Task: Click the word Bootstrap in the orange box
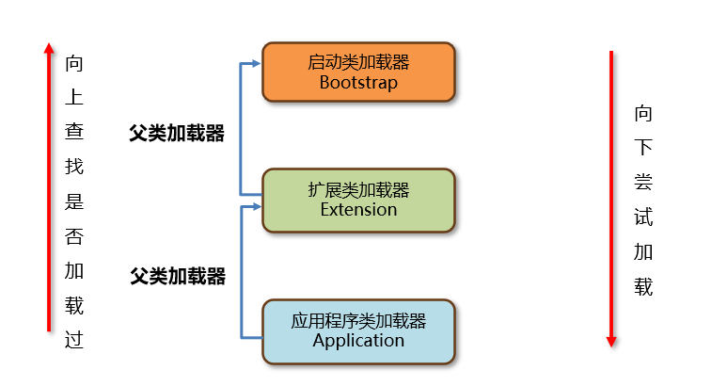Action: point(358,83)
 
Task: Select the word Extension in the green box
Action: point(358,210)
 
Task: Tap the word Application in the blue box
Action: point(358,340)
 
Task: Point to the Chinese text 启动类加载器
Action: point(358,62)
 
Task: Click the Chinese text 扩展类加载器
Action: point(358,189)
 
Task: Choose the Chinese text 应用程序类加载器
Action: point(358,320)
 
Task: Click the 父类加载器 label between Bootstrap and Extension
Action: point(177,134)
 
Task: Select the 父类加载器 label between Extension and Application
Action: point(178,277)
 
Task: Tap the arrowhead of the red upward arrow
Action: point(49,47)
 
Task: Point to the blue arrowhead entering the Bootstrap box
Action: point(255,64)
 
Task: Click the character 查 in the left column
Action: point(74,133)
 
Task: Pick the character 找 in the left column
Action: point(74,168)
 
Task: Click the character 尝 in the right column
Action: point(643,183)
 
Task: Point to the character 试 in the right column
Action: point(643,217)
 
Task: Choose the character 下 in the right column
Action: point(643,148)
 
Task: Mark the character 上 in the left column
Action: point(74,98)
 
